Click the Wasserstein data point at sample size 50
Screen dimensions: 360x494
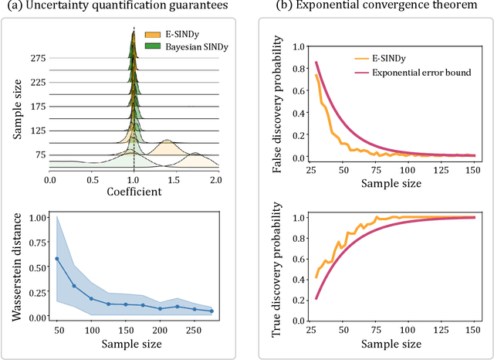pyautogui.click(x=57, y=259)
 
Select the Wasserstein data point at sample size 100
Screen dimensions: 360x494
pyautogui.click(x=91, y=298)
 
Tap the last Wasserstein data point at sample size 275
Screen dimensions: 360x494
pyautogui.click(x=211, y=311)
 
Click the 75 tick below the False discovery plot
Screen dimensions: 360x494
pyautogui.click(x=375, y=169)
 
